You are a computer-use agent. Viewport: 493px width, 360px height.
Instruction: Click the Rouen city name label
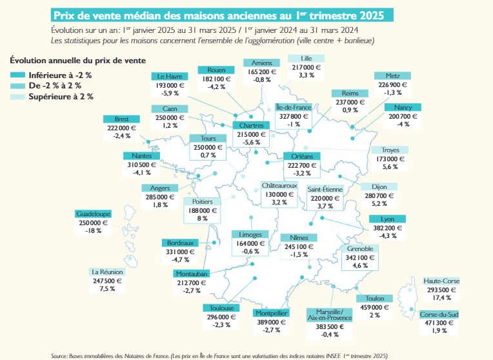click(x=216, y=70)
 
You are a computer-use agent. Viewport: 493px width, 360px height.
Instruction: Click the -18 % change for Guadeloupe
click(x=94, y=230)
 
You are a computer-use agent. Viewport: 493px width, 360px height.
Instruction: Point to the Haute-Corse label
click(x=441, y=281)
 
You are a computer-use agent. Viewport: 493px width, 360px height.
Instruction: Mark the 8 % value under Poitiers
click(x=203, y=219)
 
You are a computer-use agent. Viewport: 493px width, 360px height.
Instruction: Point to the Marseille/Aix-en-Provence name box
click(x=329, y=315)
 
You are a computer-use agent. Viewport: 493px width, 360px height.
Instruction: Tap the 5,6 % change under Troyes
click(x=390, y=166)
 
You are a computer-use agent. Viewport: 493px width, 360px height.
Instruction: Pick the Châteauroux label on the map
click(x=279, y=185)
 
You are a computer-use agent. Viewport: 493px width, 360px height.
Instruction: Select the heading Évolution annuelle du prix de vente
click(x=77, y=60)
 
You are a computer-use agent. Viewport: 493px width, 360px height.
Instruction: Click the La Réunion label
click(x=106, y=272)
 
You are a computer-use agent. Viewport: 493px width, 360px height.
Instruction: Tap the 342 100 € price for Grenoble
click(x=360, y=257)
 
